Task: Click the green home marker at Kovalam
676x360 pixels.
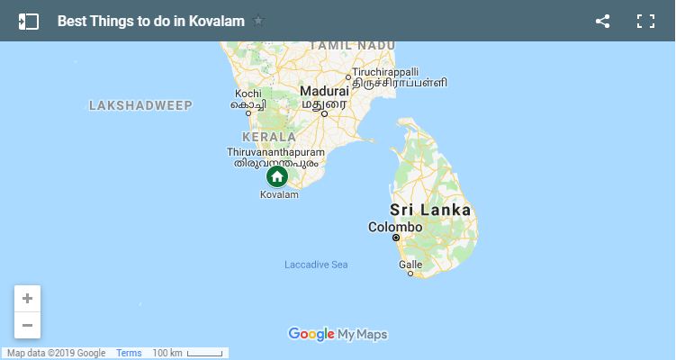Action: click(x=277, y=175)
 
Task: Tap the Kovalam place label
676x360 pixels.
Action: click(x=276, y=194)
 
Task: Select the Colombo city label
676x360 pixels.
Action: click(x=395, y=227)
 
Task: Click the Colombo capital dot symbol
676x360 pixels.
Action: click(x=396, y=238)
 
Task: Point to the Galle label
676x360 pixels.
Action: click(x=410, y=265)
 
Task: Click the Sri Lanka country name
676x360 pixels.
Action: click(x=430, y=210)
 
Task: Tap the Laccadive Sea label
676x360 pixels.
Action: click(x=316, y=265)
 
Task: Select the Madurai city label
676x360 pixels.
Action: click(x=325, y=92)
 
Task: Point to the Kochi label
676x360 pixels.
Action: click(x=248, y=94)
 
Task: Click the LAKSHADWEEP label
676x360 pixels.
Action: click(x=140, y=105)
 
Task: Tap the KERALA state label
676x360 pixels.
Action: click(x=269, y=137)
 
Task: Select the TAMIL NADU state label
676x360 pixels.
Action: click(x=339, y=45)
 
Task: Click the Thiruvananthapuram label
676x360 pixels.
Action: click(x=276, y=153)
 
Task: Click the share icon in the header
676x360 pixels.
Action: click(x=603, y=21)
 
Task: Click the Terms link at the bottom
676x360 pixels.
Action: click(x=129, y=353)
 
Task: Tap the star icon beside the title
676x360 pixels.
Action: click(x=259, y=21)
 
